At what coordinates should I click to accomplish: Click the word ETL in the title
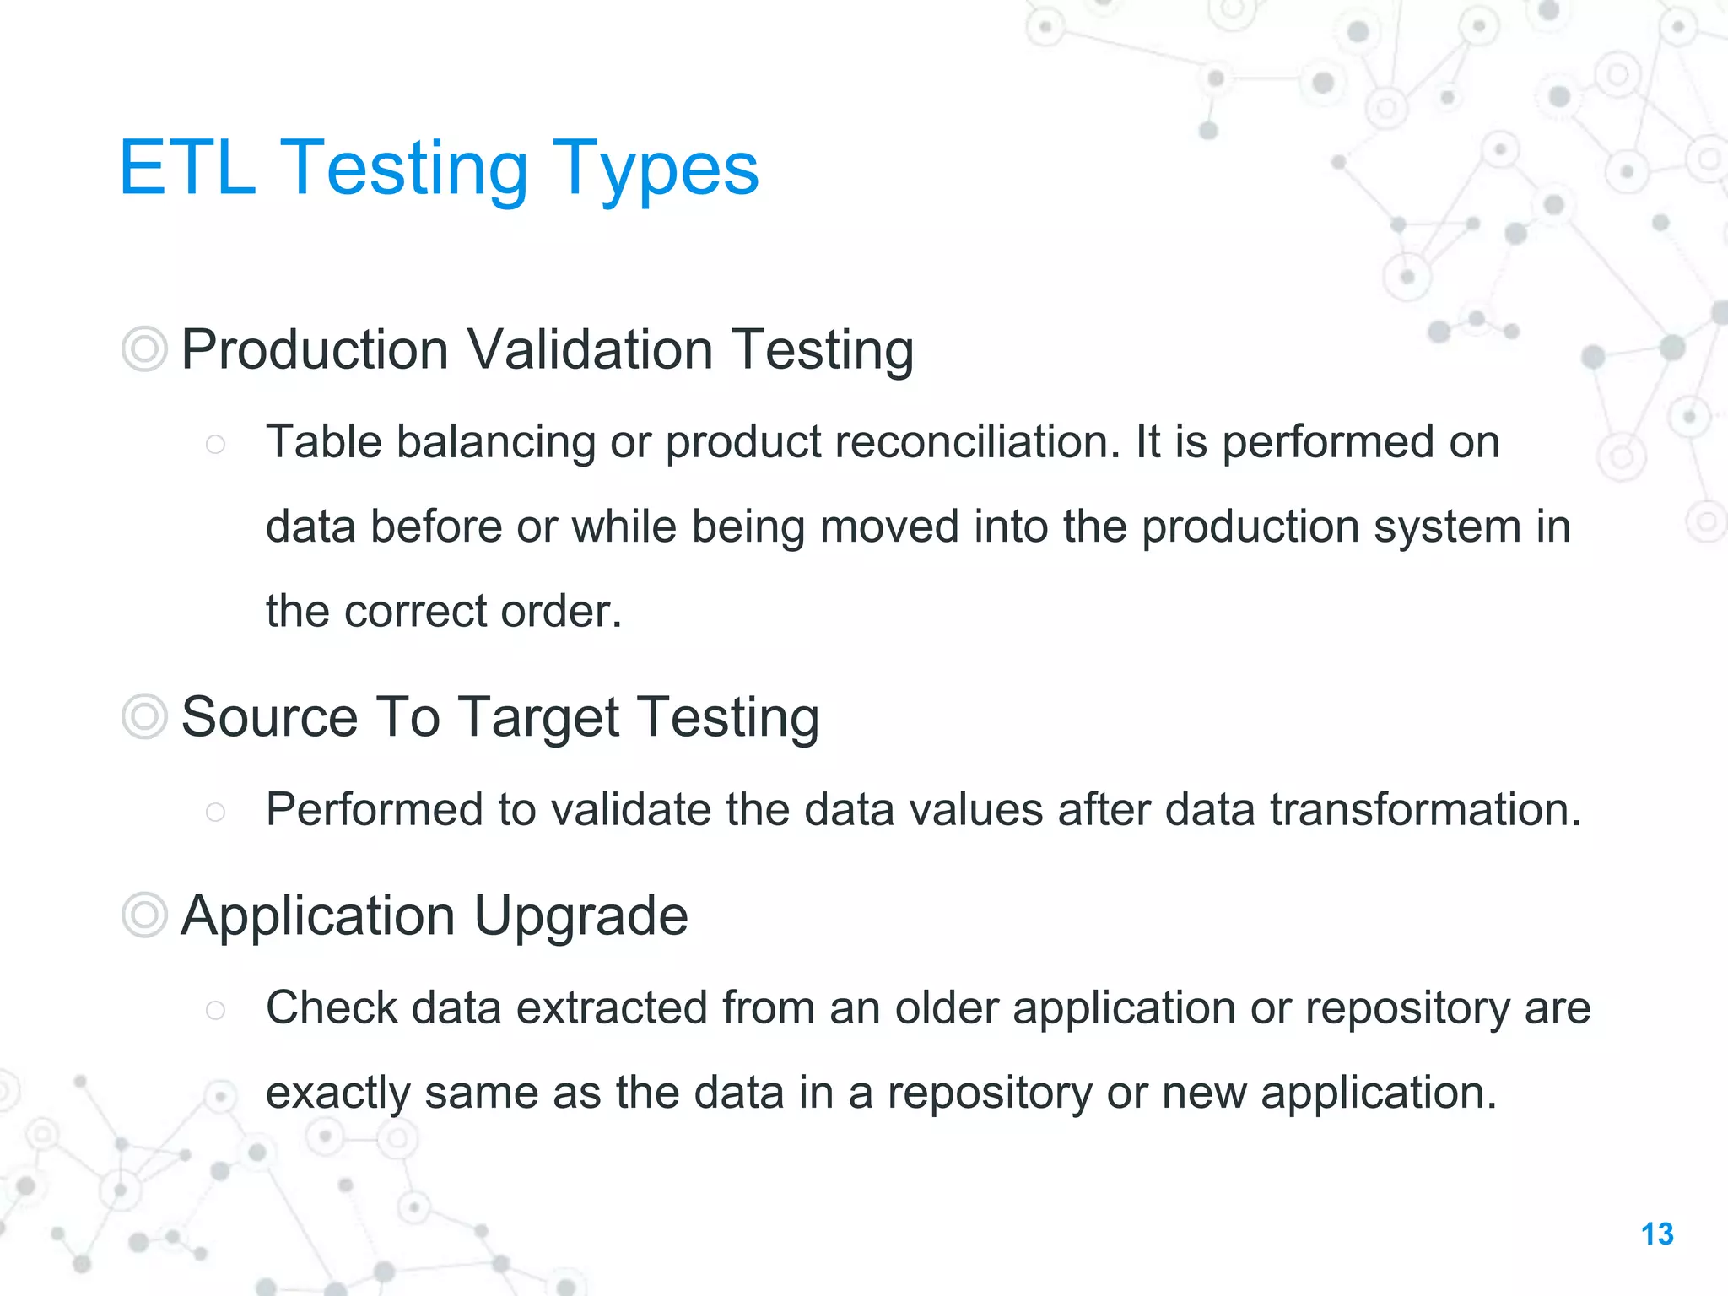click(x=187, y=168)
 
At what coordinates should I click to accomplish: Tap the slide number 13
click(x=1657, y=1234)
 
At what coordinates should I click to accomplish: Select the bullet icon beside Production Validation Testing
click(x=144, y=348)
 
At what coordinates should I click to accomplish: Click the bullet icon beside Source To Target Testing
click(x=144, y=716)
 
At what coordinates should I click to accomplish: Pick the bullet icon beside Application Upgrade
click(x=144, y=915)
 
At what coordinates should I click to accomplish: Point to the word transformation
click(x=1425, y=809)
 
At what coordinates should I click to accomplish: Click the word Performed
click(x=374, y=809)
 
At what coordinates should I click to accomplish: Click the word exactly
click(x=337, y=1093)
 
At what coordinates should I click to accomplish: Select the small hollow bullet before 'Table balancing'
click(x=215, y=445)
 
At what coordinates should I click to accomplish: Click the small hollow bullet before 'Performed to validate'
click(x=215, y=812)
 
